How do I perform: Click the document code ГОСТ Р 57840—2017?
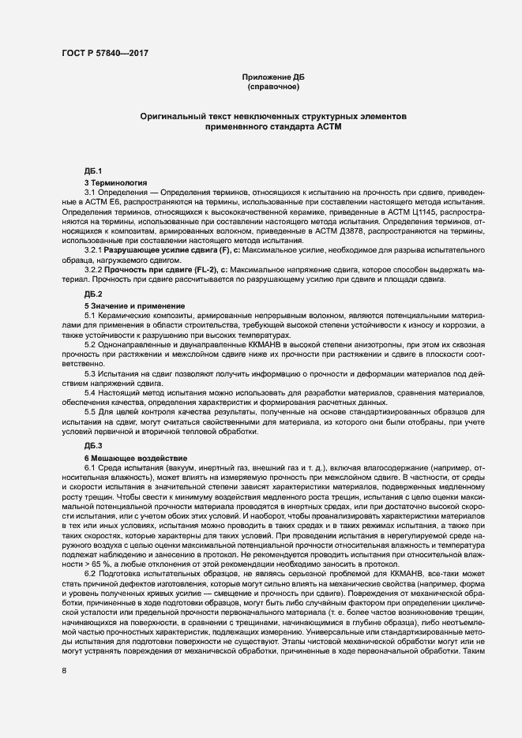pos(104,53)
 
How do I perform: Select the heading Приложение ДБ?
pos(273,77)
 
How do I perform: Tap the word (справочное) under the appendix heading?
pos(273,87)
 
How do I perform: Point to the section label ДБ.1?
pos(93,171)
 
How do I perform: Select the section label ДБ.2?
pos(93,294)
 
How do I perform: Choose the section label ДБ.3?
pos(93,448)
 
